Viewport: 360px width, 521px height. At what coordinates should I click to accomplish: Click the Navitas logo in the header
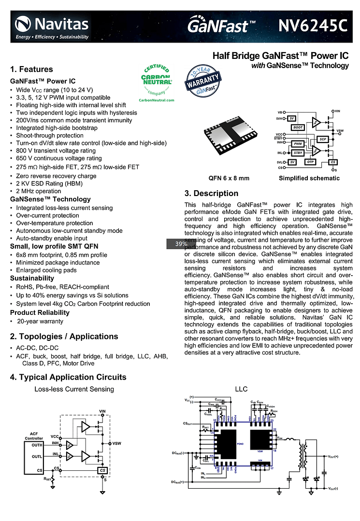52,28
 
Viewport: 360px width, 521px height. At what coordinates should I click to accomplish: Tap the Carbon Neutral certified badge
157,82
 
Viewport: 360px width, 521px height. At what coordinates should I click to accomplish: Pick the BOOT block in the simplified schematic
298,127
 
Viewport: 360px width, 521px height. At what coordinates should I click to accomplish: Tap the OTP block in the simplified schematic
311,162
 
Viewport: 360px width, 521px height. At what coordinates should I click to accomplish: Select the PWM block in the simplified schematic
298,144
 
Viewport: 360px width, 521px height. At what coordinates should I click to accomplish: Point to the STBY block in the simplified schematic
298,153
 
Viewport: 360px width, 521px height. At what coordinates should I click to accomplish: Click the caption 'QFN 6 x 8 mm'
229,178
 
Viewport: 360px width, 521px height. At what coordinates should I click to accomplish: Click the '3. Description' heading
211,194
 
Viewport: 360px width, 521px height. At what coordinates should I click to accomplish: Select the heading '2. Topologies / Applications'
64,337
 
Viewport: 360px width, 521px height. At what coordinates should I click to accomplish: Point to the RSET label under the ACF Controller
47,479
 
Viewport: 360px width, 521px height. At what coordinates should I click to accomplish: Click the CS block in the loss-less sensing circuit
102,470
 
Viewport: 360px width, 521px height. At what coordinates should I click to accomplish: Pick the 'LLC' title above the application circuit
241,389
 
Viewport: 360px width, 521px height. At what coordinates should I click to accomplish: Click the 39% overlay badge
181,244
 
